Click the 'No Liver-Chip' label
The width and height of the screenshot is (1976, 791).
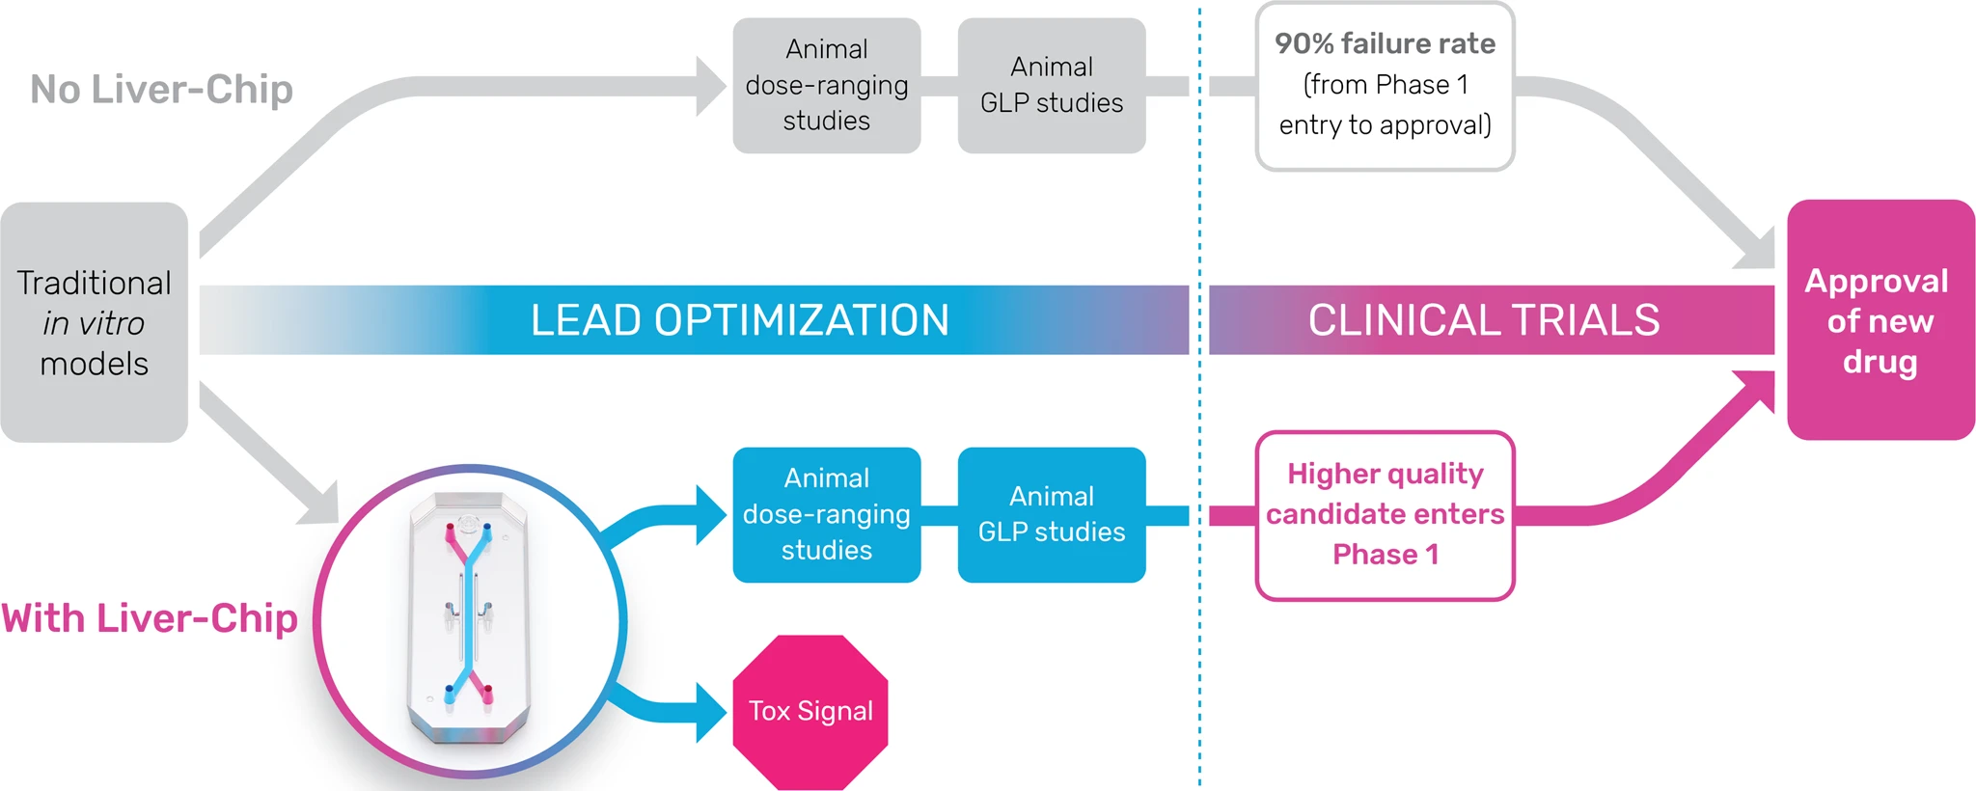click(x=161, y=89)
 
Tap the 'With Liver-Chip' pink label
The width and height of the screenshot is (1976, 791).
click(x=150, y=618)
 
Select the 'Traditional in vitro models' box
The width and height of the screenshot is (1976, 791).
click(x=95, y=322)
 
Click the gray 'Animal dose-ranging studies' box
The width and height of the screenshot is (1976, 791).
click(x=827, y=85)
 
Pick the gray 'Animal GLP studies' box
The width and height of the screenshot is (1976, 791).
click(x=1052, y=85)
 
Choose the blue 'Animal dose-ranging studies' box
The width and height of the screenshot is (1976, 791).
click(x=827, y=514)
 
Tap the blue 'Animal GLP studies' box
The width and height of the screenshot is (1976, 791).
click(x=1052, y=514)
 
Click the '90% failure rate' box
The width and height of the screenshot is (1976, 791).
click(x=1385, y=85)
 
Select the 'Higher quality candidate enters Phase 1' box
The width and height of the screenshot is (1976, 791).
click(x=1385, y=514)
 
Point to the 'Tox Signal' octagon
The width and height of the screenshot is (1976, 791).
click(x=810, y=711)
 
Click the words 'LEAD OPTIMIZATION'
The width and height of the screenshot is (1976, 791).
click(x=740, y=320)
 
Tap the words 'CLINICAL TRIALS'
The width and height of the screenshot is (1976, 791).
click(x=1484, y=320)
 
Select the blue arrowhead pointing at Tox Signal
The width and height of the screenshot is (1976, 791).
click(x=711, y=712)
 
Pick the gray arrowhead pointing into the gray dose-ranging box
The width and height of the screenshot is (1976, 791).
click(x=711, y=86)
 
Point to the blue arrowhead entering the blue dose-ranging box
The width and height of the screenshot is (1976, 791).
click(x=711, y=514)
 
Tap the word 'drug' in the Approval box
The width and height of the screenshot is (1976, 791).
click(x=1880, y=362)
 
